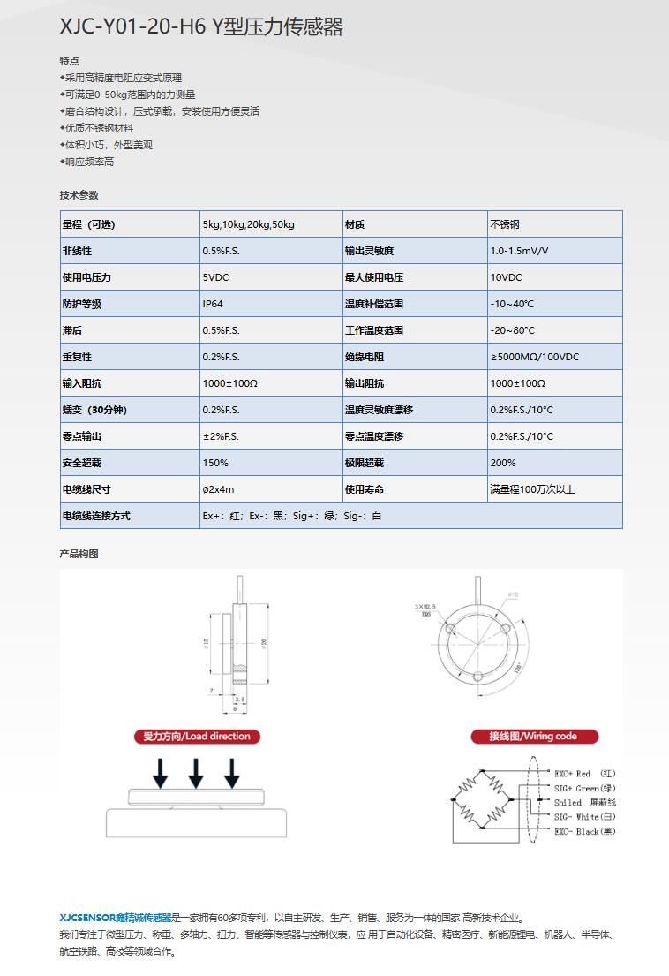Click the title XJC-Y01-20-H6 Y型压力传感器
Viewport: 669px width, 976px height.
[x=201, y=27]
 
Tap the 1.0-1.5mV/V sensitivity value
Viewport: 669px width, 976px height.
[x=519, y=251]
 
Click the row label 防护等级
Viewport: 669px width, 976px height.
[x=81, y=304]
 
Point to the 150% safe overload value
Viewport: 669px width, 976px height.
[x=215, y=463]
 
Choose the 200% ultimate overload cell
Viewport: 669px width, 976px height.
[x=503, y=463]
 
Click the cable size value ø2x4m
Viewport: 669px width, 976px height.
[x=218, y=489]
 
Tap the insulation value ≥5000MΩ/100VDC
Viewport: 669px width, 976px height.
[x=535, y=357]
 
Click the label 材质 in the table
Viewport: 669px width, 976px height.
[x=354, y=224]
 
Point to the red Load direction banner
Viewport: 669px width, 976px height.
[x=197, y=737]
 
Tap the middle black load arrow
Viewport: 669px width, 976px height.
[x=196, y=773]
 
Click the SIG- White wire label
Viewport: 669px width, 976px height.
[x=584, y=817]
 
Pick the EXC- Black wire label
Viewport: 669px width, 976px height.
[x=584, y=832]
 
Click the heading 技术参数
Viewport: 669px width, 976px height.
[x=79, y=195]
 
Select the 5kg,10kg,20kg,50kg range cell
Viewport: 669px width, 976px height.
[x=248, y=224]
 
